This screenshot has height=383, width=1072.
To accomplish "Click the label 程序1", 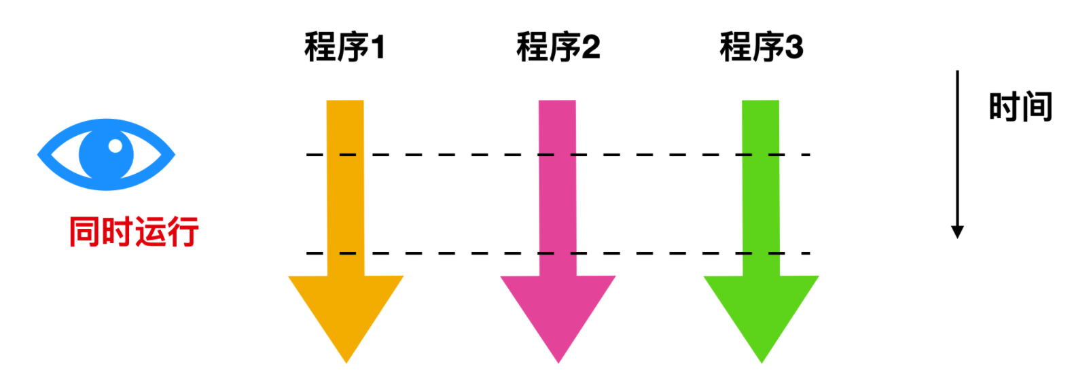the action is coord(344,47).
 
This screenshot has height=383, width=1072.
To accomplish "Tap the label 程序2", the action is coord(558,47).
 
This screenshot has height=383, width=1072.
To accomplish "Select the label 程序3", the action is coord(762,47).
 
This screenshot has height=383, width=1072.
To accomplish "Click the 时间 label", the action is coord(1020,106).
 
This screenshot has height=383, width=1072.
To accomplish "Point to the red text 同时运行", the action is coord(134,232).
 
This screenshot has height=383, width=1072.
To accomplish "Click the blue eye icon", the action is coord(106,154).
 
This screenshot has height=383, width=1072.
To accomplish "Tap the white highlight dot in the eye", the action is coord(115,146).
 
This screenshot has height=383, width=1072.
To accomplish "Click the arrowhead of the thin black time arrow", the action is coord(957,232).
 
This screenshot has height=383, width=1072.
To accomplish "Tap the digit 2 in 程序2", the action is coord(591,48).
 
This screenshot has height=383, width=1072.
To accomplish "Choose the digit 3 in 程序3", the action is coord(794,48).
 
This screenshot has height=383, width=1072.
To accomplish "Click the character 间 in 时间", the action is coord(1037,106).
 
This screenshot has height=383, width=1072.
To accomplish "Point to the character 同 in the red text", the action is coord(85,232).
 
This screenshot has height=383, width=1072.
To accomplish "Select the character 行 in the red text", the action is coord(183,232).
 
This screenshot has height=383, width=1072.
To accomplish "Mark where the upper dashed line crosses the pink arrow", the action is coord(558,155).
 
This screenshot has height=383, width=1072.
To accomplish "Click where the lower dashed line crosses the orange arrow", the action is coord(346,253).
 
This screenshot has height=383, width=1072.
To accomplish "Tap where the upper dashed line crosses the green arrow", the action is coord(760,155).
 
